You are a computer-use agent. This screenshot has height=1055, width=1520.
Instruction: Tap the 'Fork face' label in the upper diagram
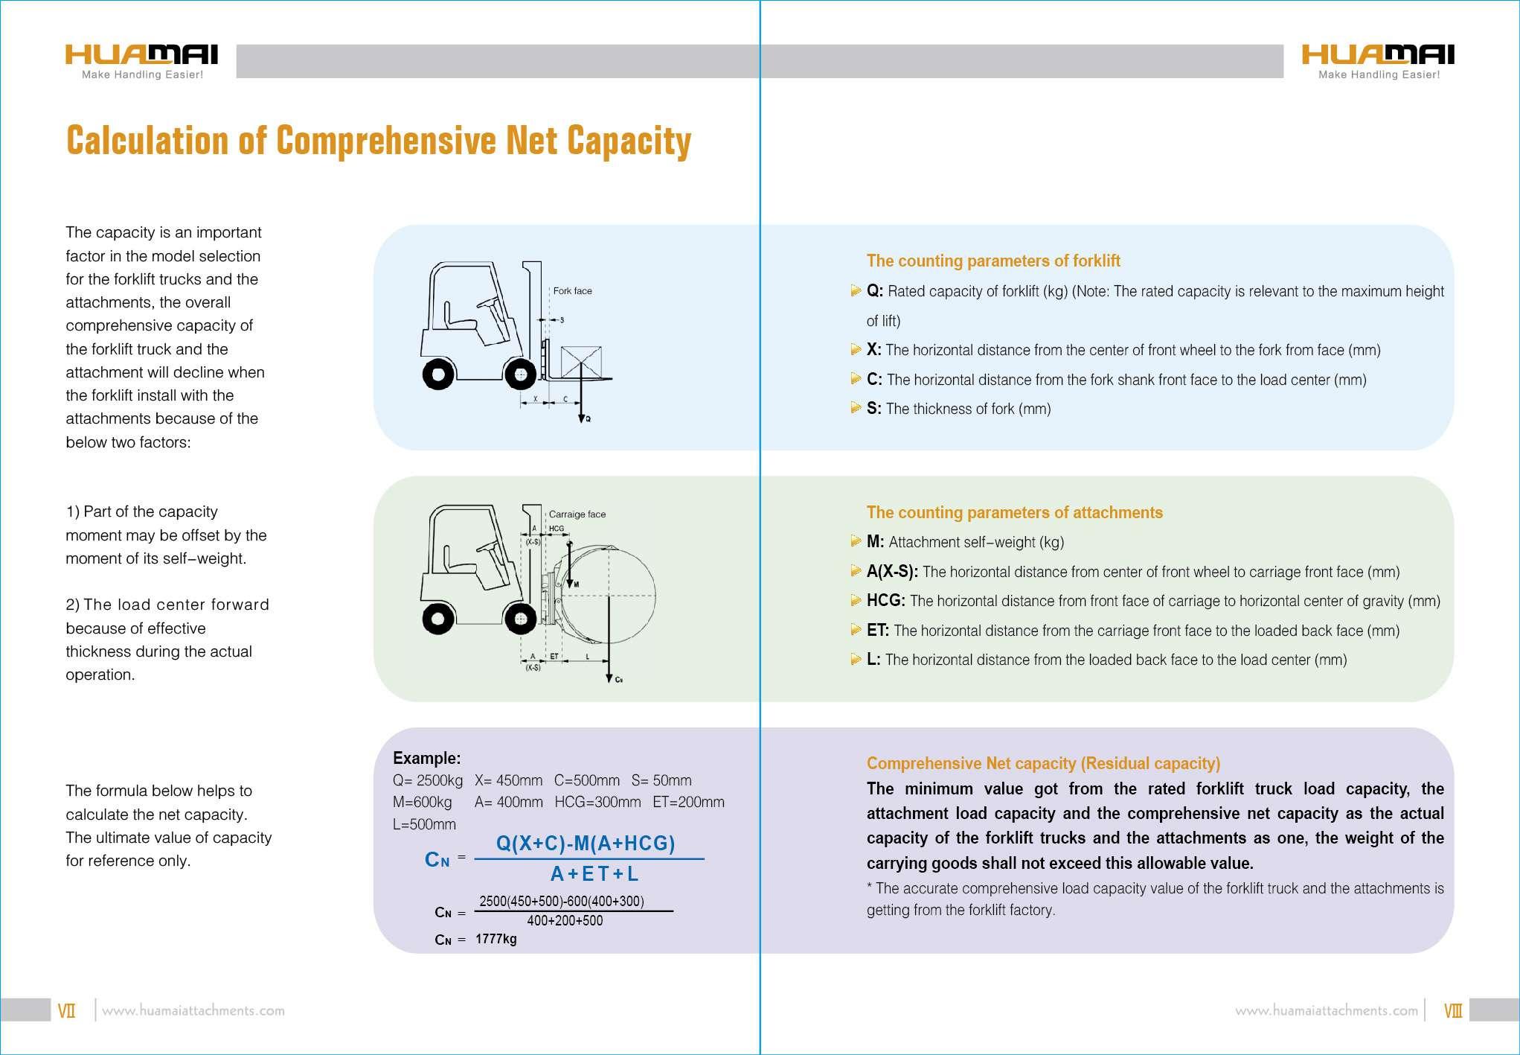click(572, 291)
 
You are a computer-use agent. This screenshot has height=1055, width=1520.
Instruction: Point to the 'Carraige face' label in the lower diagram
click(577, 514)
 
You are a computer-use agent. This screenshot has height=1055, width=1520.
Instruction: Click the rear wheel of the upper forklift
click(438, 374)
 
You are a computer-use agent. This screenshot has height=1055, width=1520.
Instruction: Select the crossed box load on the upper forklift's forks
click(580, 362)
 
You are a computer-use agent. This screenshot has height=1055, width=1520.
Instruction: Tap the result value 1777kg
click(496, 939)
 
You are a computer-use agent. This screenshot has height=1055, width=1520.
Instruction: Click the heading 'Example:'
click(426, 758)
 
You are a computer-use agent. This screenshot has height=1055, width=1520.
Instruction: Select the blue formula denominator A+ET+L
click(594, 873)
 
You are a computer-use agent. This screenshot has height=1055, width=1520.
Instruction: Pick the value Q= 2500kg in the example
click(427, 780)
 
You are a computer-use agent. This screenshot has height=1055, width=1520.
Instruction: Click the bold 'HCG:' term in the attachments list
click(885, 601)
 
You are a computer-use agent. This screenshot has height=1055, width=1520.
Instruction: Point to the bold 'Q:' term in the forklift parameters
click(874, 291)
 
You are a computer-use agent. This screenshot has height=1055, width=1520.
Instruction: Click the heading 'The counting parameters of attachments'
click(1014, 512)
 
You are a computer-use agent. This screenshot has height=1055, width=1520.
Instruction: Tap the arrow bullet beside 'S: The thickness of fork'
click(856, 408)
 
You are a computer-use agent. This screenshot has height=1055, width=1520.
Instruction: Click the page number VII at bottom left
click(66, 1011)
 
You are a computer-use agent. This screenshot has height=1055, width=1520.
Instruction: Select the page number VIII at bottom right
click(1452, 1011)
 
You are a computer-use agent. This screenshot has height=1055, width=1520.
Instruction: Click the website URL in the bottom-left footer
click(193, 1011)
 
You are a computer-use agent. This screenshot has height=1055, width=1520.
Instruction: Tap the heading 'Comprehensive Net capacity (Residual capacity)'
click(1043, 763)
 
